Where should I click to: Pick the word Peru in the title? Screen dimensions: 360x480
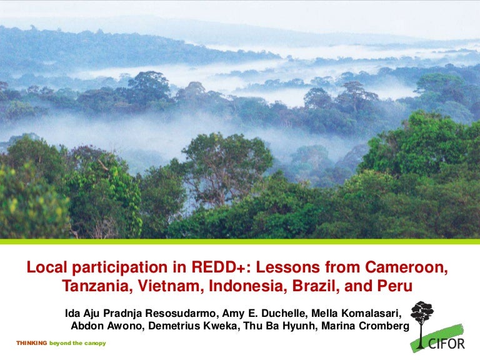click(x=397, y=288)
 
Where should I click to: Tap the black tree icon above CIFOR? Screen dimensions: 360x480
click(x=423, y=316)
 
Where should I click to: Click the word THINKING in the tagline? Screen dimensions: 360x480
click(x=31, y=343)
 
